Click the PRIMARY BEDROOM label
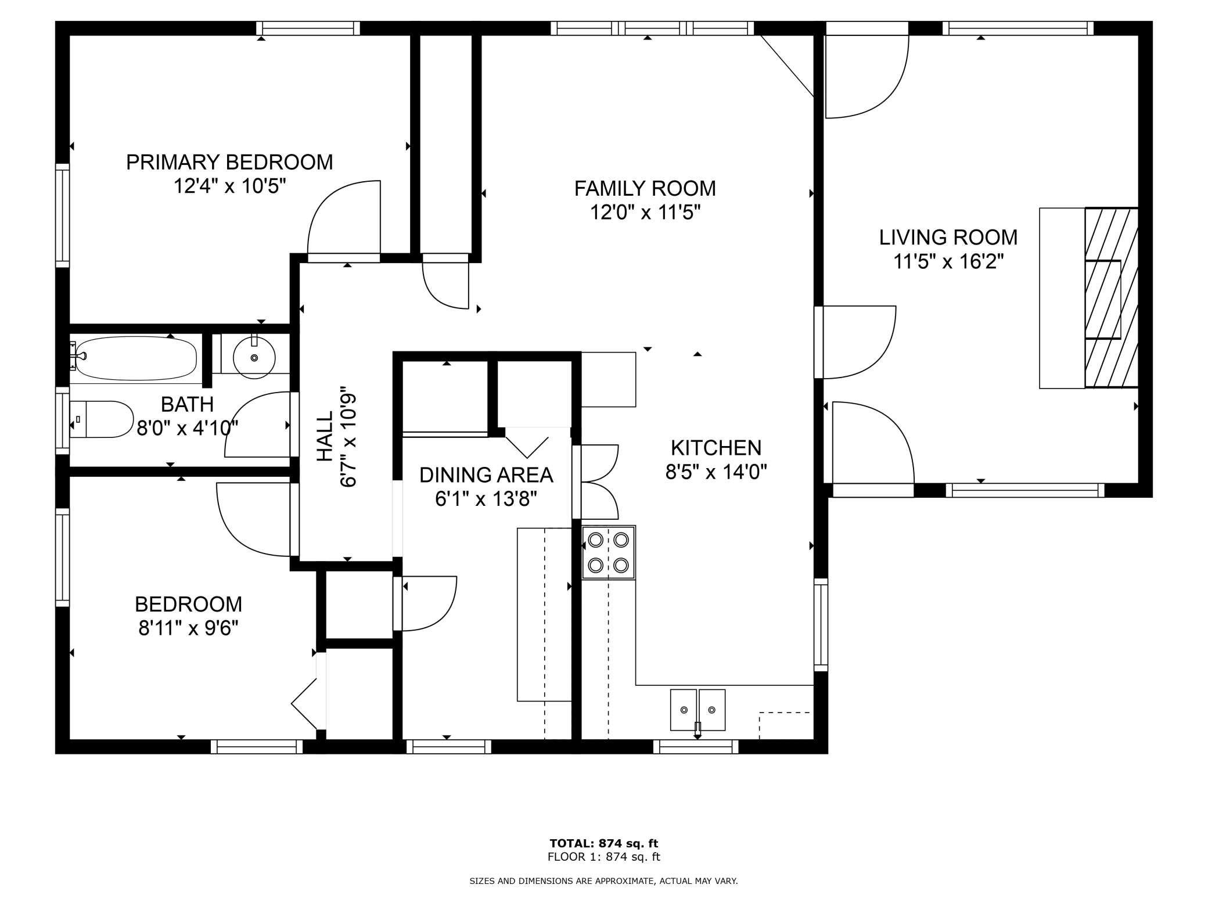(x=229, y=162)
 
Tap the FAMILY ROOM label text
(x=645, y=189)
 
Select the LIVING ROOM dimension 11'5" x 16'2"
(x=948, y=262)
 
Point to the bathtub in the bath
(x=136, y=357)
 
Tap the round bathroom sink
(x=254, y=358)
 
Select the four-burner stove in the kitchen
(x=608, y=552)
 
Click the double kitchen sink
(x=698, y=710)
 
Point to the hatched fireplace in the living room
(x=1111, y=297)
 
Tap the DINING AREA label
(x=486, y=475)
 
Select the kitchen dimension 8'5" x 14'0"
(x=716, y=472)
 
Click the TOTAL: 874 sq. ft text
(x=604, y=843)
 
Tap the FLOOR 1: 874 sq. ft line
(x=604, y=857)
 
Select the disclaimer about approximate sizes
(x=603, y=881)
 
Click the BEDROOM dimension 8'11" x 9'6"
(x=189, y=628)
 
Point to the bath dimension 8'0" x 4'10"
(x=187, y=429)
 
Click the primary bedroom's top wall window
(x=308, y=28)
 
